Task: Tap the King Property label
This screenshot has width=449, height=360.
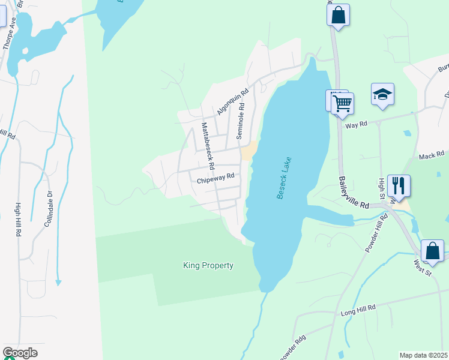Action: (x=208, y=265)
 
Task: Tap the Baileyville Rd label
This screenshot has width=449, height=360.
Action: (x=354, y=192)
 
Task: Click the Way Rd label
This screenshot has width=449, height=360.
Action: (x=355, y=125)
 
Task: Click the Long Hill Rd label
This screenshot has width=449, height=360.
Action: (x=358, y=307)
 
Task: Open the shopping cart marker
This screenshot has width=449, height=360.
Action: (x=342, y=103)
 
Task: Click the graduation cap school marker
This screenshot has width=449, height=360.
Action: (x=382, y=95)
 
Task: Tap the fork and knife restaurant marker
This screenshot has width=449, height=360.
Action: (x=399, y=185)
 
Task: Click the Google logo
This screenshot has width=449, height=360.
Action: (x=20, y=353)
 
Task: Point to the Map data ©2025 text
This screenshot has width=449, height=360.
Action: (x=423, y=355)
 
